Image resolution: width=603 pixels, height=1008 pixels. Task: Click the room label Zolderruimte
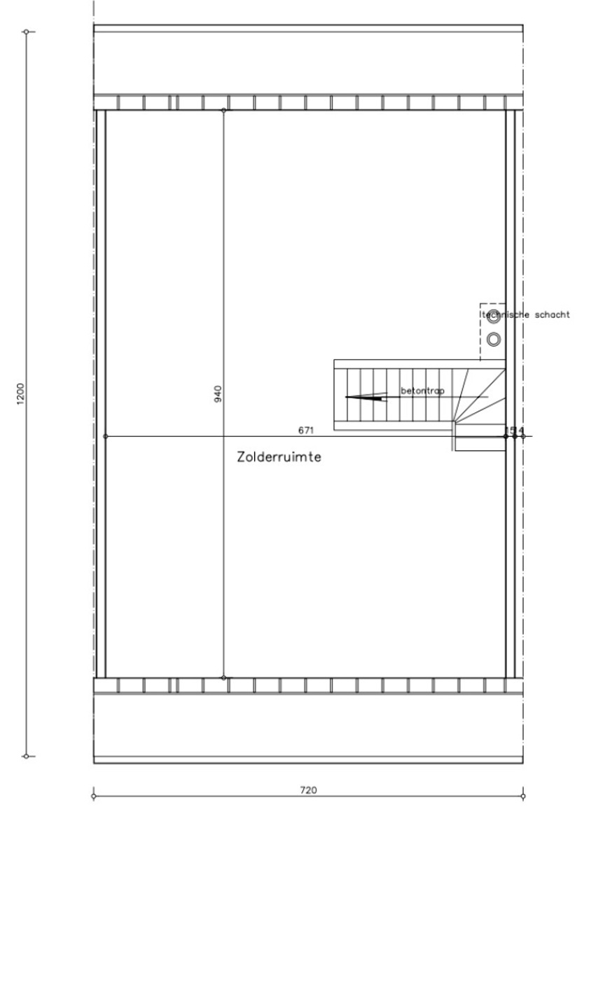(x=279, y=457)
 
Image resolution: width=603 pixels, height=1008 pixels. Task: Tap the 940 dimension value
(x=217, y=394)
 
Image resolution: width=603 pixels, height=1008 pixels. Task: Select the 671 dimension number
(x=305, y=430)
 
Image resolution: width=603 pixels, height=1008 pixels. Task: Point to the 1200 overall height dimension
(x=20, y=393)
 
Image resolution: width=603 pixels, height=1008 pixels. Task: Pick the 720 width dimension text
(x=308, y=790)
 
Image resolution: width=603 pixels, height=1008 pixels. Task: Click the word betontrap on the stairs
(x=422, y=391)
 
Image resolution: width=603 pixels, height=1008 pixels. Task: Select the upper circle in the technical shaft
(x=494, y=316)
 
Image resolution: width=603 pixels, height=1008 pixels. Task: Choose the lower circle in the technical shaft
(x=494, y=339)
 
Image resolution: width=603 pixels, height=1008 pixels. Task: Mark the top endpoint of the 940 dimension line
(x=223, y=111)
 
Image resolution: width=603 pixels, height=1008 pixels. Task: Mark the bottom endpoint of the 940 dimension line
(x=223, y=678)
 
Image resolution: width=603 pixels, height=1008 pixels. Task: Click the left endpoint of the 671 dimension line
(x=105, y=436)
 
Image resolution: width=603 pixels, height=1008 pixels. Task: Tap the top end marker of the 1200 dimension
(x=26, y=31)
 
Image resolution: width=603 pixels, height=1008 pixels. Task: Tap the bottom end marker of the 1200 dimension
(x=26, y=756)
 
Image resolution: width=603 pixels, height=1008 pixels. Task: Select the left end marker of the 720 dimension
(x=93, y=796)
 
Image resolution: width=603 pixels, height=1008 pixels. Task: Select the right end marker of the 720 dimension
(x=523, y=796)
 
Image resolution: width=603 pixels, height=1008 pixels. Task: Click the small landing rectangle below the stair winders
(x=480, y=443)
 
